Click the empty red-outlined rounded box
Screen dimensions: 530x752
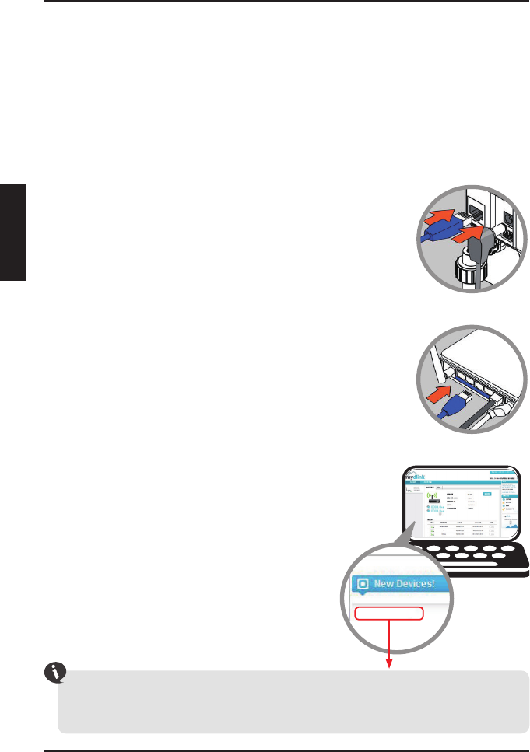click(389, 613)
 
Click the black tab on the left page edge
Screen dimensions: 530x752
click(14, 233)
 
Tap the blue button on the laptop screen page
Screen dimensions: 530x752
click(488, 494)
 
